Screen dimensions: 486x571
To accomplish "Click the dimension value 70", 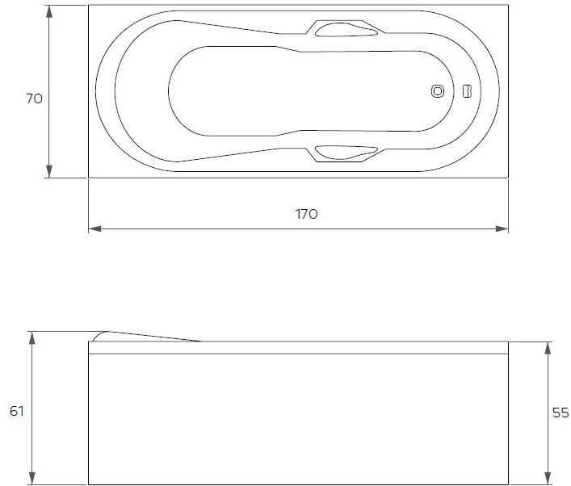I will pyautogui.click(x=34, y=99).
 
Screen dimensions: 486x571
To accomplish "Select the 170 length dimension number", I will pyautogui.click(x=306, y=214).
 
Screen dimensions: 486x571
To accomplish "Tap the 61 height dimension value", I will pyautogui.click(x=17, y=411).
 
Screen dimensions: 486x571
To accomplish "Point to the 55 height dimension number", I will pyautogui.click(x=561, y=413).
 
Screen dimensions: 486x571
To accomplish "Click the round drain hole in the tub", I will pyautogui.click(x=438, y=91).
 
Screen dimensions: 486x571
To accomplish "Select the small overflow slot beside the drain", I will pyautogui.click(x=465, y=91).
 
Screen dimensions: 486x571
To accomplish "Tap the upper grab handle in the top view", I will pyautogui.click(x=346, y=31).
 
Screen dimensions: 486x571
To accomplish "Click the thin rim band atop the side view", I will pyautogui.click(x=297, y=348).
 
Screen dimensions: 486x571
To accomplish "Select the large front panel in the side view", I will pyautogui.click(x=297, y=420).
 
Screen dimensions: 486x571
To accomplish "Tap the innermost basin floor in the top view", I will pyautogui.click(x=299, y=91).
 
